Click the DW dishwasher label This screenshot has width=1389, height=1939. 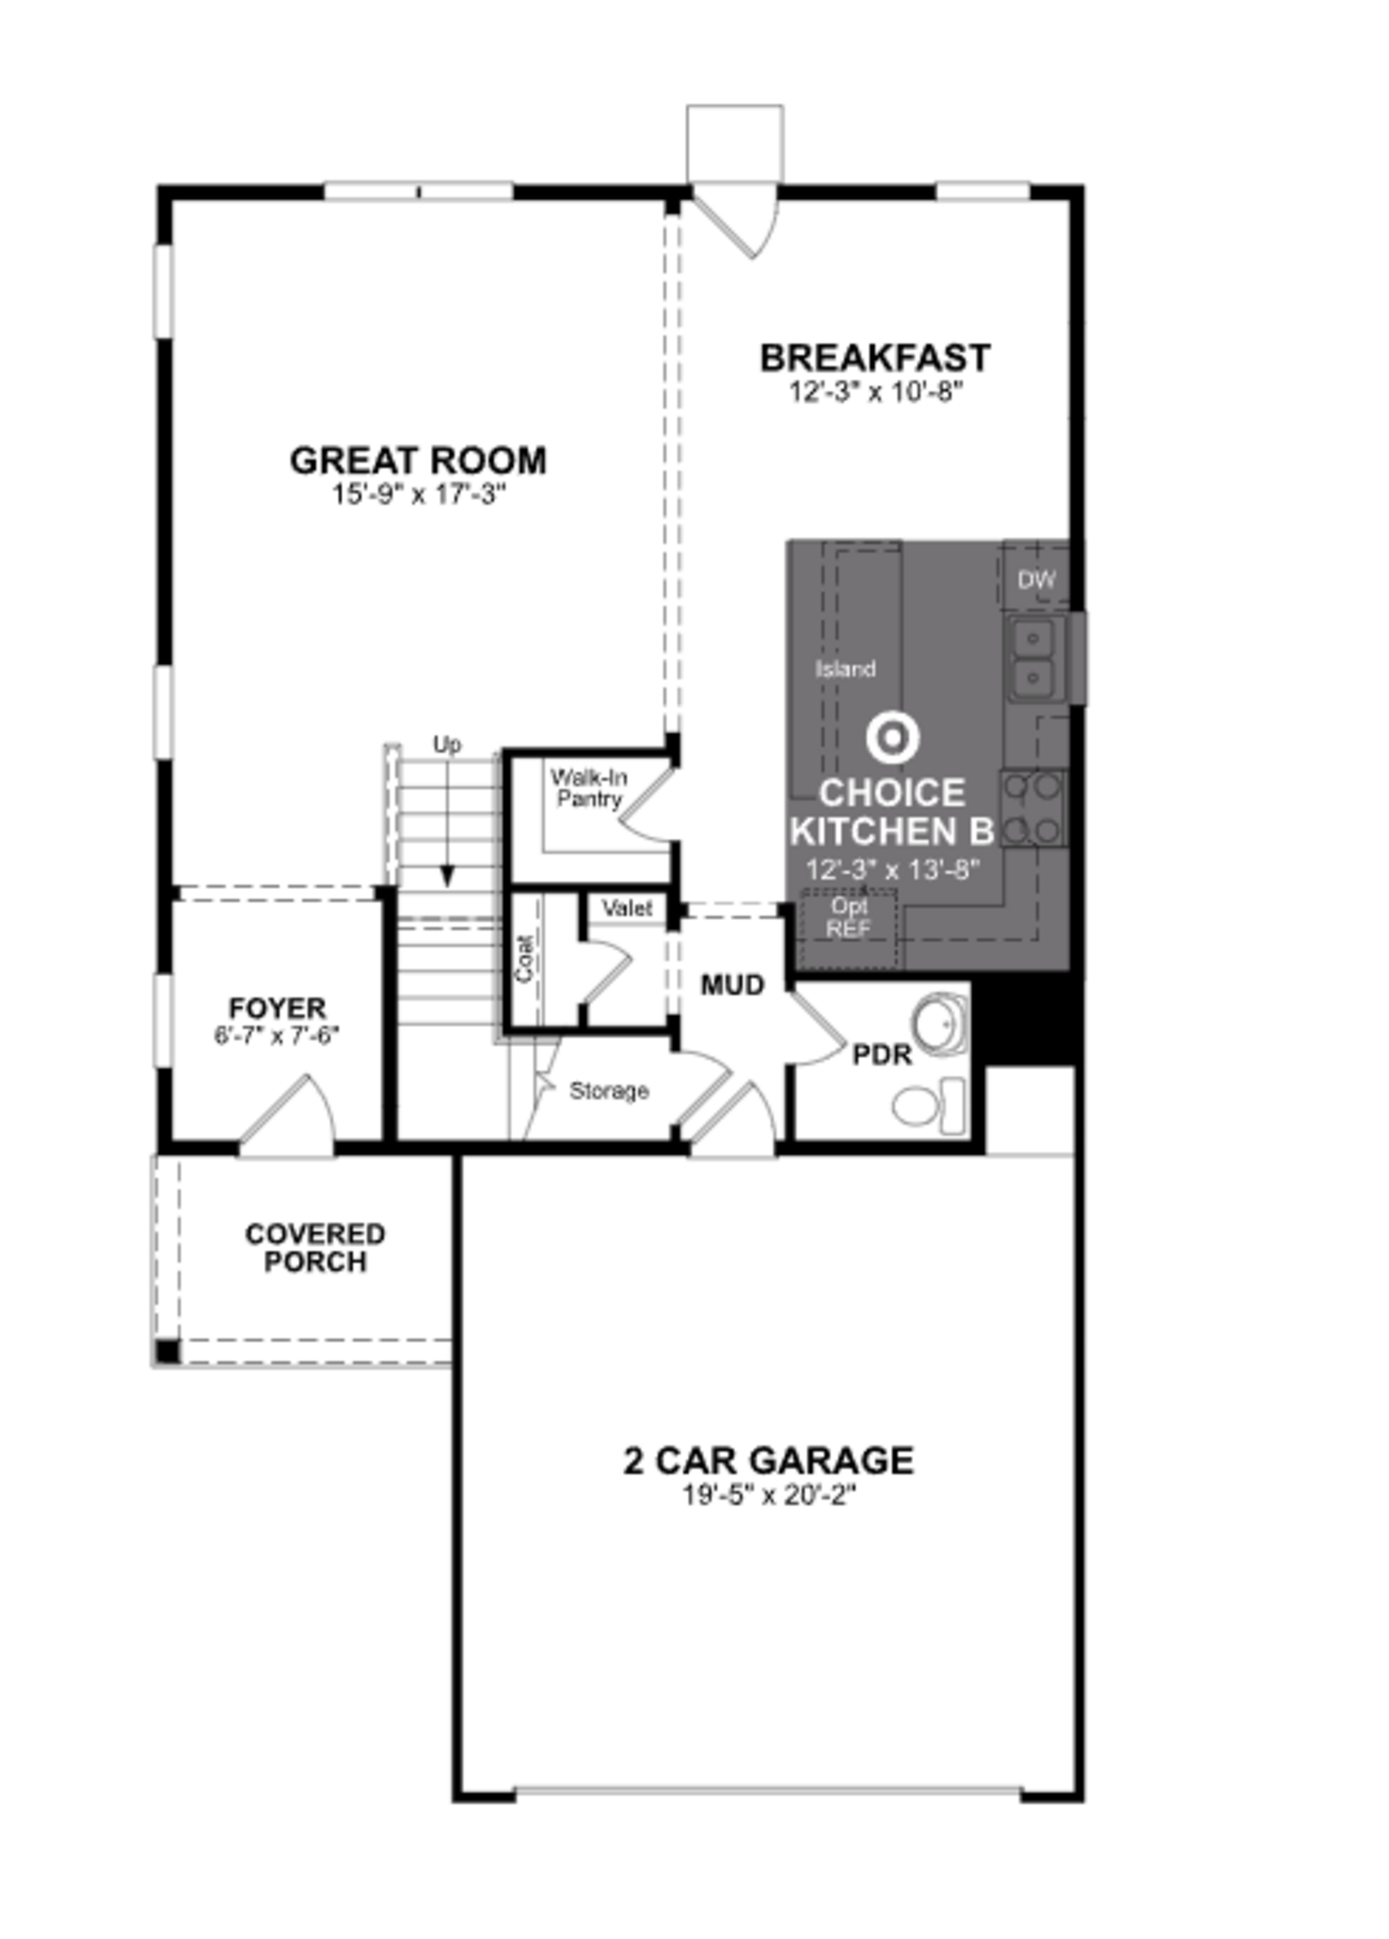[x=1036, y=580]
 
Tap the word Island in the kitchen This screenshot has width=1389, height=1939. [x=845, y=668]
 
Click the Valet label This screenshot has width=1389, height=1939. [x=626, y=908]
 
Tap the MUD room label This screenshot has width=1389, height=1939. [x=732, y=985]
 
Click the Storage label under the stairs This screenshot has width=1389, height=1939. [x=609, y=1091]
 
